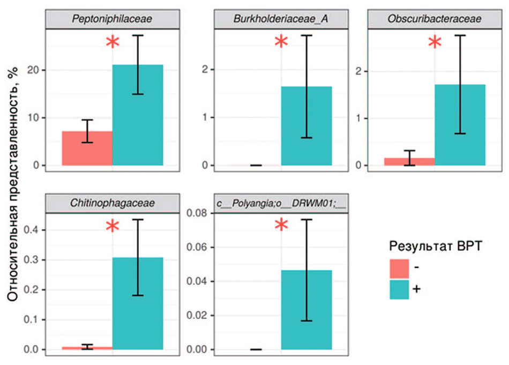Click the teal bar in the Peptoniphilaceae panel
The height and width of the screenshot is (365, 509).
point(138,115)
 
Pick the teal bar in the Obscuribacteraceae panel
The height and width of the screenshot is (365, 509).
point(460,124)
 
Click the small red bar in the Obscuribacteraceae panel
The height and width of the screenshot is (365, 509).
point(409,161)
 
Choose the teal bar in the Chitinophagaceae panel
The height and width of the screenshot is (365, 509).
point(138,303)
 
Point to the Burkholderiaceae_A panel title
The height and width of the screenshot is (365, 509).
point(281,19)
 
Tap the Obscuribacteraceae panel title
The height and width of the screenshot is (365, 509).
point(435,19)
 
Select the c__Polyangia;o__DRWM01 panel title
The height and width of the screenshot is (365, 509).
point(281,203)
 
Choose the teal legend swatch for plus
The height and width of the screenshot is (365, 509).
point(399,290)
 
